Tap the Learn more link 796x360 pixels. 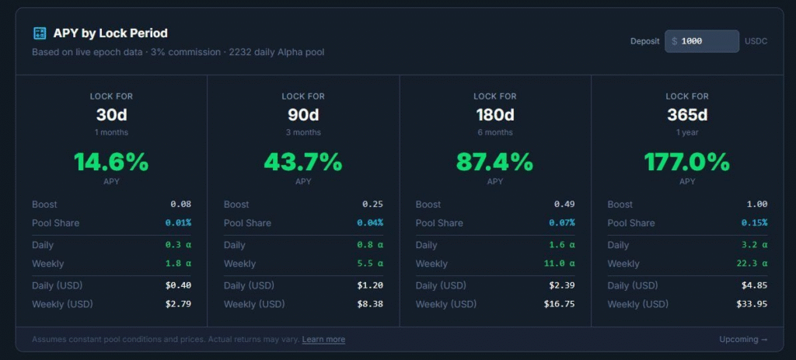[323, 340]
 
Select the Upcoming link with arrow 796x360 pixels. [743, 340]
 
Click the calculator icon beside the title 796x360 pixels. [40, 33]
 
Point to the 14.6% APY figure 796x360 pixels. [111, 163]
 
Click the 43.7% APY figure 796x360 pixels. [303, 163]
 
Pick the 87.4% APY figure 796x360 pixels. [495, 163]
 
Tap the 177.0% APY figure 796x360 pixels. [687, 163]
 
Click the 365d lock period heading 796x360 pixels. [687, 115]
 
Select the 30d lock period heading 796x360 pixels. [111, 115]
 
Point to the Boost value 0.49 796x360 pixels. [564, 204]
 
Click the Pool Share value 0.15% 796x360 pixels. [754, 223]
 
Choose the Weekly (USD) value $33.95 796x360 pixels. [752, 304]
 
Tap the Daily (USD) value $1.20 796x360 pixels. [370, 285]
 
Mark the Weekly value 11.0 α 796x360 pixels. [560, 264]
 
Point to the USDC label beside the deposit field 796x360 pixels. [756, 41]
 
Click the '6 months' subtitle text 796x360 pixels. [495, 132]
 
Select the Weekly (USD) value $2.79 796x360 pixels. [178, 304]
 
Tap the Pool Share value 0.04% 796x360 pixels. [370, 223]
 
